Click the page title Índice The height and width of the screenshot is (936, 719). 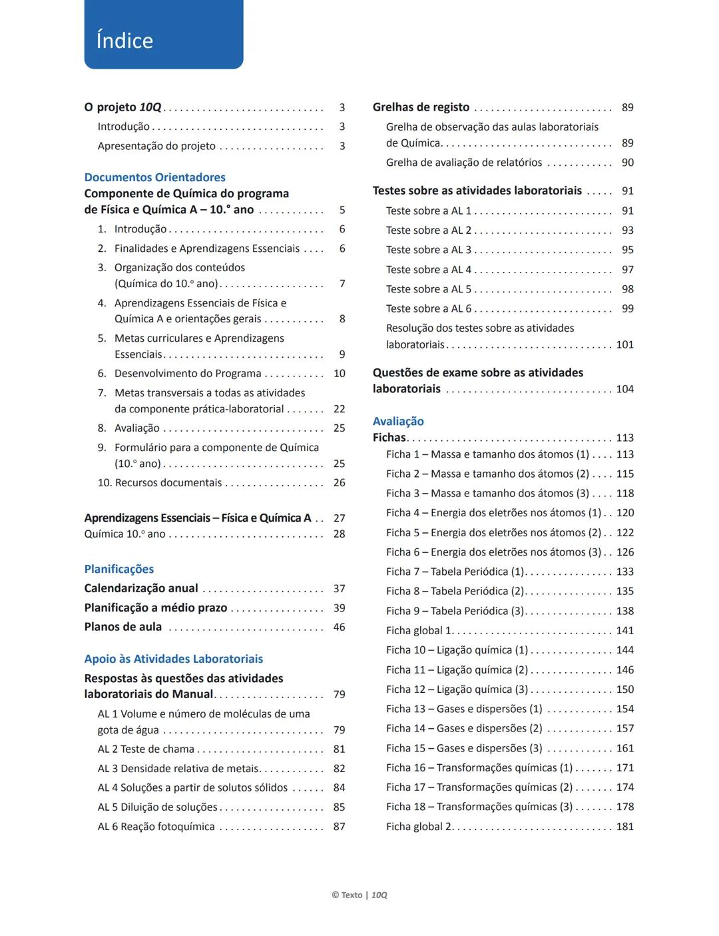(x=124, y=41)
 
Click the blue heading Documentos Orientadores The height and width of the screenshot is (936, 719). (x=154, y=177)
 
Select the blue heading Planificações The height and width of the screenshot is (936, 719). (x=119, y=569)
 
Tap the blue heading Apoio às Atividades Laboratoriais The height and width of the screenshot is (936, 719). (x=173, y=659)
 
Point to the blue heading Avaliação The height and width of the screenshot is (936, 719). (x=398, y=421)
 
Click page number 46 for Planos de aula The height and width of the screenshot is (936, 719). (x=339, y=627)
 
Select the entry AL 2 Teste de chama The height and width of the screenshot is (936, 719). (x=146, y=749)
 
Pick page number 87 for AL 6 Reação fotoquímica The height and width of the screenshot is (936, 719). (x=339, y=826)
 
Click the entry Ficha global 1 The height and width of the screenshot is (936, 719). (x=419, y=630)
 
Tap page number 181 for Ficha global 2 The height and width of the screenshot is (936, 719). (x=624, y=826)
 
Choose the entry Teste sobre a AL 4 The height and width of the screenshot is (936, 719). (x=428, y=270)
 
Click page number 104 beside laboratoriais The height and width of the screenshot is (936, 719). (x=624, y=389)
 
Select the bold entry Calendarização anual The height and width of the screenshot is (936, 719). (x=141, y=588)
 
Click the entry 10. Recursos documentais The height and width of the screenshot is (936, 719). (x=160, y=482)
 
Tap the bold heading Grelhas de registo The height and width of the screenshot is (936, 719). (x=421, y=107)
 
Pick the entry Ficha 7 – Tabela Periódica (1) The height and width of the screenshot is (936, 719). (x=455, y=572)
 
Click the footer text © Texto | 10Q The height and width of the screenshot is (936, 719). (x=359, y=895)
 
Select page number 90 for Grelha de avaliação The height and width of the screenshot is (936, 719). (x=627, y=163)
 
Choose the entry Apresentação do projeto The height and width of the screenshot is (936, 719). (x=156, y=146)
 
